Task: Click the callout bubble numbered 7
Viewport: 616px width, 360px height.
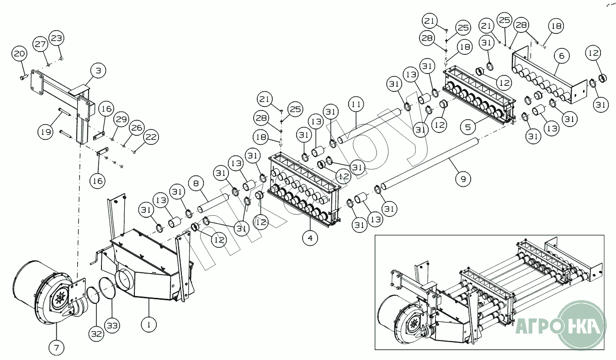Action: pyautogui.click(x=57, y=348)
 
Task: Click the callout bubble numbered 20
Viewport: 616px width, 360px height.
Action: pyautogui.click(x=19, y=54)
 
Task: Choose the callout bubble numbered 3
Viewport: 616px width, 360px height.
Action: pyautogui.click(x=98, y=71)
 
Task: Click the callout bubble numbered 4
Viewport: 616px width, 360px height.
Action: pyautogui.click(x=310, y=238)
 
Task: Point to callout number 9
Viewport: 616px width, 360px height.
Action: pyautogui.click(x=463, y=179)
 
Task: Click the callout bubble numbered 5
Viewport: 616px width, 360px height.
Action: pyautogui.click(x=468, y=127)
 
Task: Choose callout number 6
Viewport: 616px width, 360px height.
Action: pyautogui.click(x=562, y=56)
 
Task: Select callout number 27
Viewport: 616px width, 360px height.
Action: pyautogui.click(x=40, y=44)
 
